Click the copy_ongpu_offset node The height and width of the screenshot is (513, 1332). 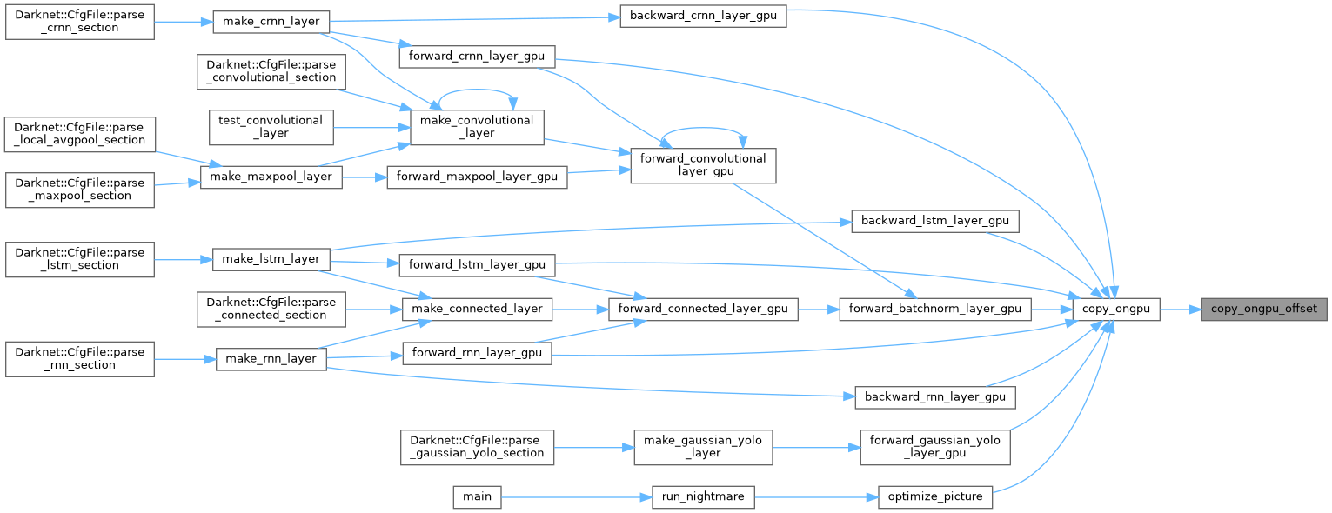pyautogui.click(x=1264, y=309)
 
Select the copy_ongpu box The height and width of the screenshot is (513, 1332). pyautogui.click(x=1116, y=309)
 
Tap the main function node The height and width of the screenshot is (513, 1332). pyautogui.click(x=476, y=496)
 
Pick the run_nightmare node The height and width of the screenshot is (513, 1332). pyautogui.click(x=704, y=496)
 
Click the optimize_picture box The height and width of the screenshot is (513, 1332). pyautogui.click(x=934, y=496)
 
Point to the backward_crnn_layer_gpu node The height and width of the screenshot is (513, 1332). pyautogui.click(x=703, y=17)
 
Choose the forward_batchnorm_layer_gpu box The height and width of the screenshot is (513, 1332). pyautogui.click(x=934, y=309)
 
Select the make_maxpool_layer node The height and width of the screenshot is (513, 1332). pyautogui.click(x=271, y=177)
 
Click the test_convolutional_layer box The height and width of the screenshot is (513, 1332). pyautogui.click(x=271, y=127)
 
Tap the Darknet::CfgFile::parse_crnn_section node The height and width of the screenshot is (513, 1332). pyautogui.click(x=80, y=21)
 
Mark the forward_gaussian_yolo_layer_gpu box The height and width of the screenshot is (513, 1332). pyautogui.click(x=934, y=447)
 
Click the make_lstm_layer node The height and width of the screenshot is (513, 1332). pyautogui.click(x=272, y=258)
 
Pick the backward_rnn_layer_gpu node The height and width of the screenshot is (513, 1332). pyautogui.click(x=934, y=397)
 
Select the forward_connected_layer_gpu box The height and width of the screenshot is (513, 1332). pyautogui.click(x=703, y=309)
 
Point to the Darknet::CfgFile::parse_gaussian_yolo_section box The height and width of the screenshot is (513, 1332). pyautogui.click(x=476, y=447)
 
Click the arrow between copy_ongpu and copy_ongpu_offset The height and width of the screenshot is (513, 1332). pyautogui.click(x=1180, y=309)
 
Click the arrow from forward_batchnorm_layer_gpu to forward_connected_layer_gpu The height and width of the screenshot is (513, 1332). pyautogui.click(x=818, y=309)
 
